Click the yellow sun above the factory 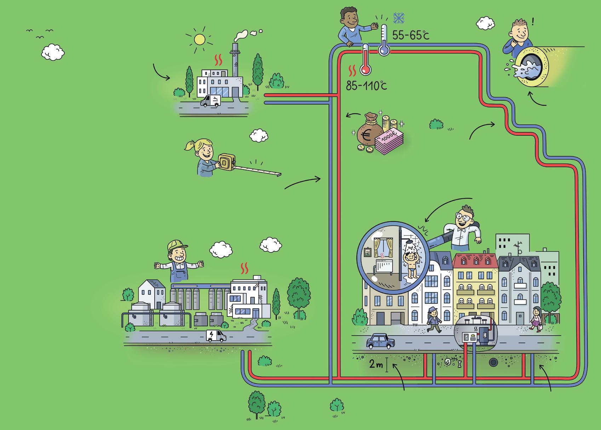[x=199, y=39]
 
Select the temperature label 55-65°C [x=410, y=35]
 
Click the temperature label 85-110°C [x=366, y=85]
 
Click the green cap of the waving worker [x=177, y=245]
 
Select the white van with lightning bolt [x=216, y=335]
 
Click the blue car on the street [x=380, y=342]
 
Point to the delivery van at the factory [x=210, y=100]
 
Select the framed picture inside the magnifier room [x=368, y=252]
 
